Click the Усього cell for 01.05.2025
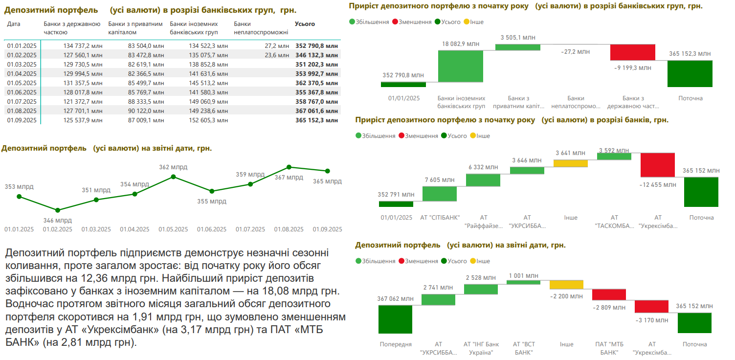pyautogui.click(x=316, y=83)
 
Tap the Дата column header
pyautogui.click(x=14, y=24)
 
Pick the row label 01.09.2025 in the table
pyautogui.click(x=22, y=120)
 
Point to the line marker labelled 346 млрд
pyautogui.click(x=58, y=210)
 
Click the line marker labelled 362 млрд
pyautogui.click(x=173, y=177)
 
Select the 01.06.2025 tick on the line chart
pyautogui.click(x=212, y=229)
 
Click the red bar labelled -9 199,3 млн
pyautogui.click(x=632, y=52)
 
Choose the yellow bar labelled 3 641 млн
pyautogui.click(x=570, y=163)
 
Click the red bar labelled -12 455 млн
pyautogui.click(x=658, y=165)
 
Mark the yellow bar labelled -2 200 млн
pyautogui.click(x=566, y=285)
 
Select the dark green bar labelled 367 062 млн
pyautogui.click(x=395, y=319)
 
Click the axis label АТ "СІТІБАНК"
pyautogui.click(x=440, y=218)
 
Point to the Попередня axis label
pyautogui.click(x=396, y=344)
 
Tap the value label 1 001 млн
pyautogui.click(x=524, y=276)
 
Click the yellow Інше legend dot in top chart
pyautogui.click(x=466, y=22)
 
